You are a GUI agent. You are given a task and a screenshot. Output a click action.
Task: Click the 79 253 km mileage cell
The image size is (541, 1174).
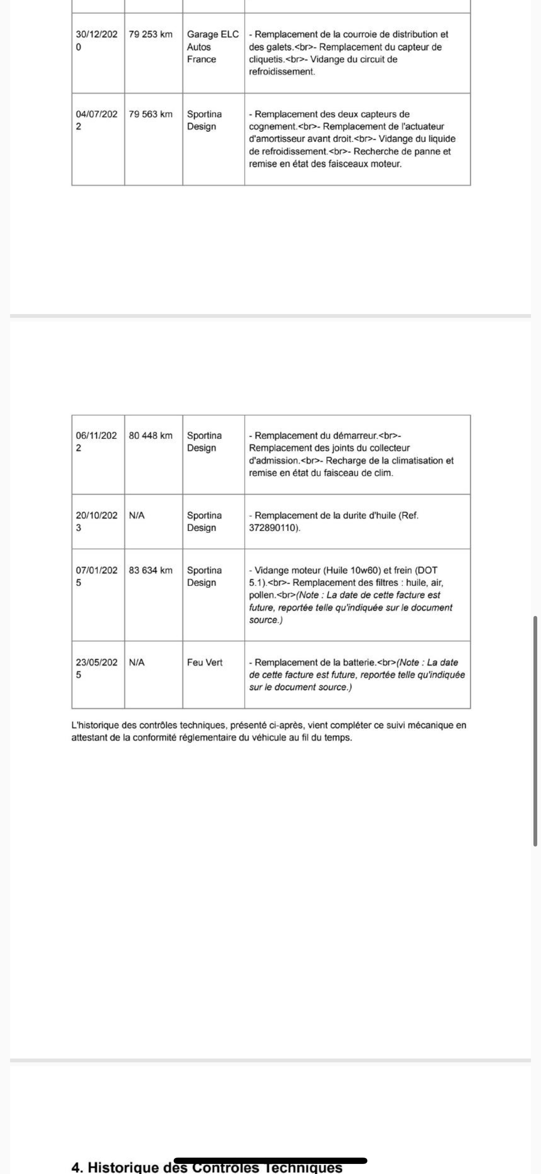(x=151, y=34)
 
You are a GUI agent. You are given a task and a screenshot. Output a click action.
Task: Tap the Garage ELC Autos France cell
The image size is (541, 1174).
(x=213, y=47)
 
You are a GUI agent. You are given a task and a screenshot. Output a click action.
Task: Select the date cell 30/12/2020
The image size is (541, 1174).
(x=96, y=41)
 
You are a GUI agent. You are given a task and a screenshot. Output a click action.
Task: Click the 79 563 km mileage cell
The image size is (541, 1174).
(x=151, y=114)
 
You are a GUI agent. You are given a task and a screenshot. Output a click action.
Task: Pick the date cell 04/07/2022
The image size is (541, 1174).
(x=96, y=121)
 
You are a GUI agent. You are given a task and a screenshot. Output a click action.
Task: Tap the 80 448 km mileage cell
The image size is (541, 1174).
(x=151, y=435)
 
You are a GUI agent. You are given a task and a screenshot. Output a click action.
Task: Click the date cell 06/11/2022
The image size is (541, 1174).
(x=96, y=442)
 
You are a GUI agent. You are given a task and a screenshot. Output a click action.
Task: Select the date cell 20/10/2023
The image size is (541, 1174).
(x=96, y=521)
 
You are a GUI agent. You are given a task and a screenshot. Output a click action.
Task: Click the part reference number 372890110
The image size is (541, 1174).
(x=274, y=528)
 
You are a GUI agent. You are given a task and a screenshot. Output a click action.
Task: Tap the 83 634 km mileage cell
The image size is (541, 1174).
(x=151, y=570)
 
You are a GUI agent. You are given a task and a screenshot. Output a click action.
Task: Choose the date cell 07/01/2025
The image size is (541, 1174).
(x=96, y=576)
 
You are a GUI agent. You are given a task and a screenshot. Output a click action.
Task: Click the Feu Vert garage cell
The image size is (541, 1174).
(x=205, y=662)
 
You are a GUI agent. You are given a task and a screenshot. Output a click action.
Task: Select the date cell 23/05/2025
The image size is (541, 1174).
(x=96, y=668)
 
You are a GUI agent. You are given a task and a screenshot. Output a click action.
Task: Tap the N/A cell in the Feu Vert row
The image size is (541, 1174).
(x=137, y=662)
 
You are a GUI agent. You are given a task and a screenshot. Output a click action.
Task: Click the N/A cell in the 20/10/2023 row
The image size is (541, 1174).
(x=137, y=516)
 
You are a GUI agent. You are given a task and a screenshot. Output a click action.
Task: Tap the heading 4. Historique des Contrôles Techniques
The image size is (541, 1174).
(x=207, y=1167)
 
